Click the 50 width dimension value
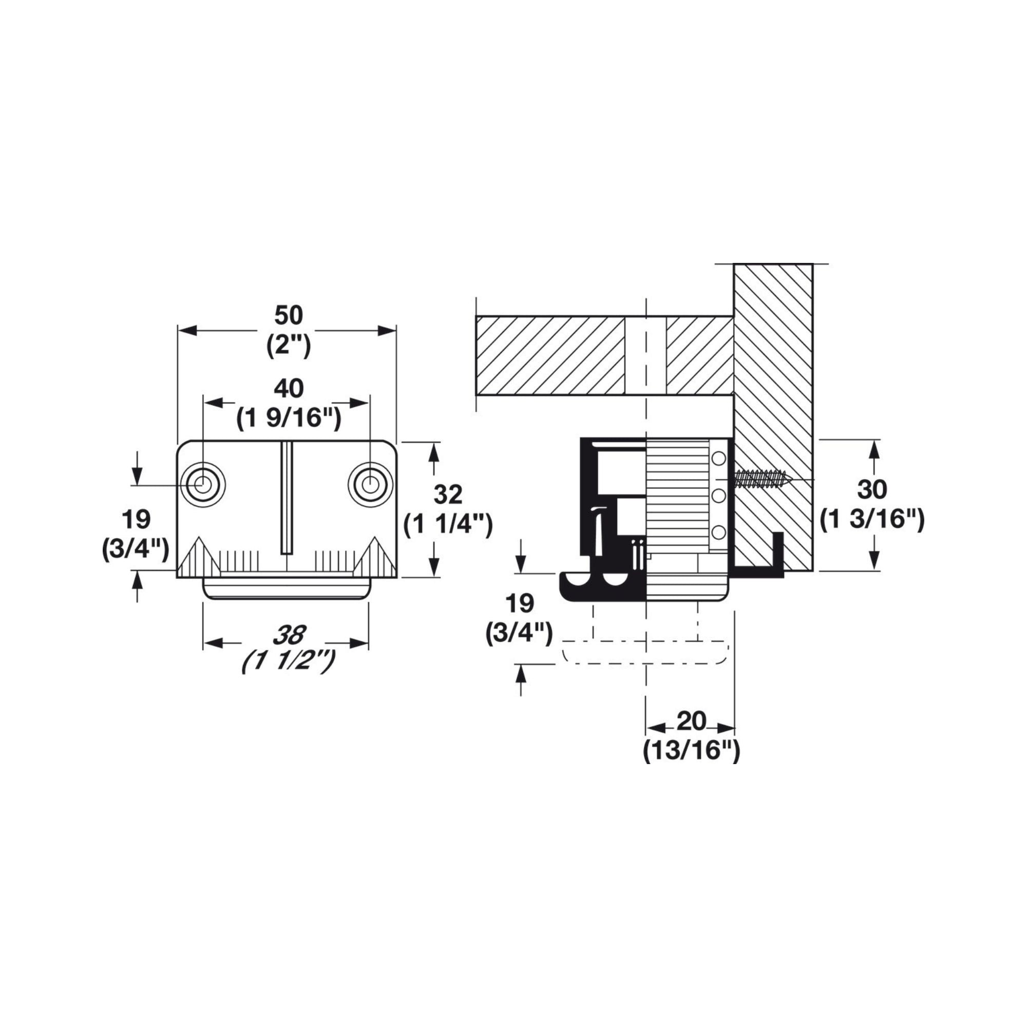point(289,316)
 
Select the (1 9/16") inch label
point(288,419)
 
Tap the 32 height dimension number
point(448,496)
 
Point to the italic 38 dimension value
point(289,635)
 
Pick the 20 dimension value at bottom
point(692,721)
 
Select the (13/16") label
point(692,751)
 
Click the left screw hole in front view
point(202,485)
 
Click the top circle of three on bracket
point(719,458)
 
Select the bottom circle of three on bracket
point(719,532)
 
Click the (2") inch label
point(289,346)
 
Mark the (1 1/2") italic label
point(289,662)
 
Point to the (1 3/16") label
point(872,520)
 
